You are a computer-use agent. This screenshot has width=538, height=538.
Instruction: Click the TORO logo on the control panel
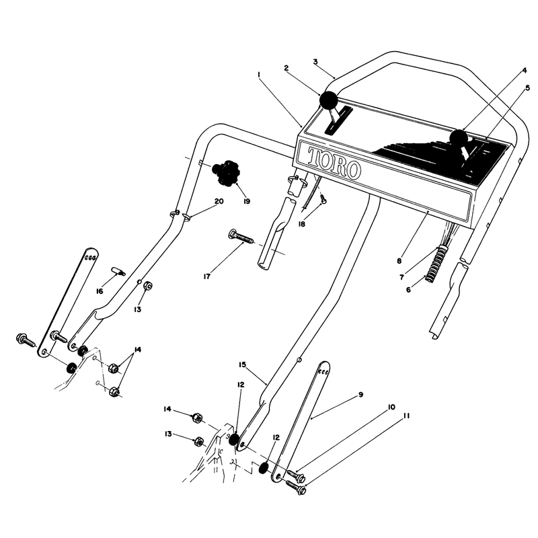pyautogui.click(x=334, y=163)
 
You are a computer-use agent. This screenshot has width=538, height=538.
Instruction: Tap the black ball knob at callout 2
pyautogui.click(x=328, y=100)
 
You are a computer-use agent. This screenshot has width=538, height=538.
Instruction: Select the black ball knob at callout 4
pyautogui.click(x=459, y=138)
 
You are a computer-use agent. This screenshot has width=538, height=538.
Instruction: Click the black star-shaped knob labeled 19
pyautogui.click(x=226, y=172)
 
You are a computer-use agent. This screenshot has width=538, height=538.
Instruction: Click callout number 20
pyautogui.click(x=219, y=201)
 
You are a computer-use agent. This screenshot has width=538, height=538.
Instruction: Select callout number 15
pyautogui.click(x=243, y=364)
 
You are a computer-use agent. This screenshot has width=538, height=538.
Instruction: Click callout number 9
pyautogui.click(x=360, y=395)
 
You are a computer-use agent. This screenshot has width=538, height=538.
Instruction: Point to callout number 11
pyautogui.click(x=406, y=416)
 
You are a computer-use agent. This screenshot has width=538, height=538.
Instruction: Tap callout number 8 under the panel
pyautogui.click(x=399, y=261)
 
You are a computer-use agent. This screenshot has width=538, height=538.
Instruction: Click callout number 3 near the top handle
pyautogui.click(x=315, y=62)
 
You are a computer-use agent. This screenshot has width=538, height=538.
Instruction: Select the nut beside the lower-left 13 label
pyautogui.click(x=198, y=442)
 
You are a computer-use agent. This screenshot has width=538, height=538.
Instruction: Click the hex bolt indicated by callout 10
pyautogui.click(x=296, y=475)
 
